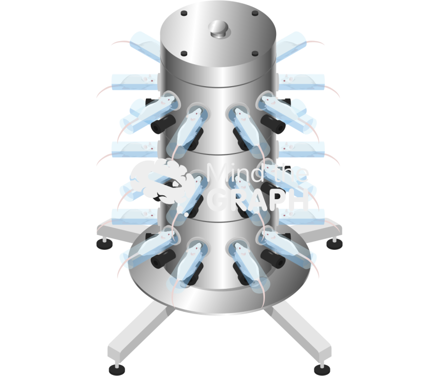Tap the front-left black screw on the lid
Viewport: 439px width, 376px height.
coord(184,54)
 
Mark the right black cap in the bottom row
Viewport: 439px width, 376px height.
coord(274,260)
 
